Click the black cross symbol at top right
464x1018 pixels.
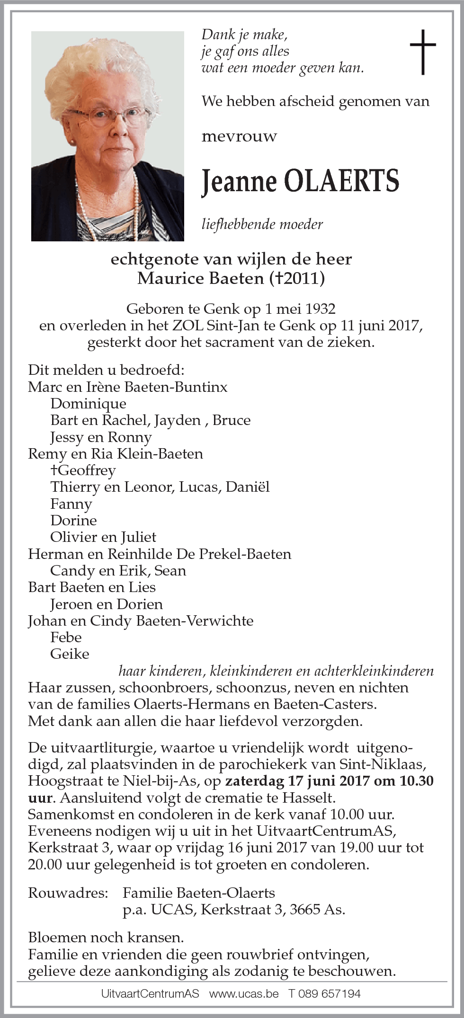(422, 52)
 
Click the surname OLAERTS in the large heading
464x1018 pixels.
(341, 181)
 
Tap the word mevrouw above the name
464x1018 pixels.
(239, 137)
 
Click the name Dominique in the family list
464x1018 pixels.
(88, 404)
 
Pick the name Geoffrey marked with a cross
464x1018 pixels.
(86, 470)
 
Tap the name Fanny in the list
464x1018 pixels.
(71, 504)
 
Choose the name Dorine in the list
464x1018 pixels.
(73, 521)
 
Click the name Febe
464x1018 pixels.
(66, 637)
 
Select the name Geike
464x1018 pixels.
(70, 654)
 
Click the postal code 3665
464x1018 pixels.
(305, 910)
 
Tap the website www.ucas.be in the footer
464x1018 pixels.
(244, 993)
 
